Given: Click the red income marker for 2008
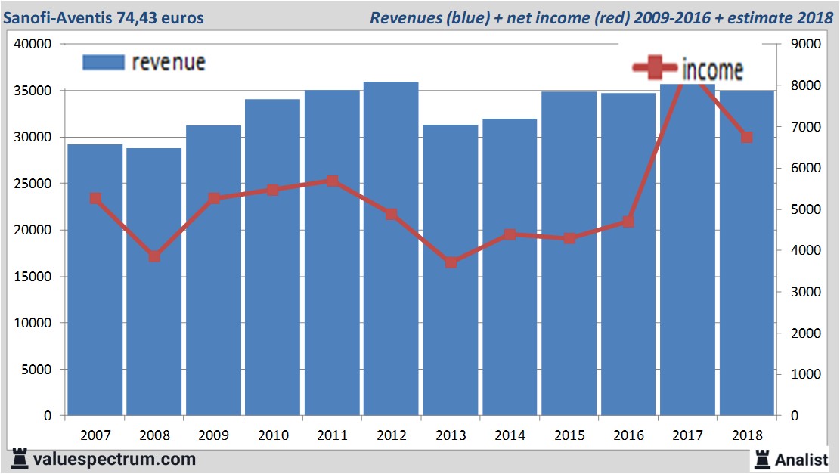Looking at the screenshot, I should click(x=154, y=256).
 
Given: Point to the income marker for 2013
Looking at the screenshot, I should click(x=451, y=262).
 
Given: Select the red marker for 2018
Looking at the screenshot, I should click(x=747, y=138).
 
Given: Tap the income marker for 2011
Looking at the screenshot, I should click(x=332, y=181).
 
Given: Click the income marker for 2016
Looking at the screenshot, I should click(x=628, y=222).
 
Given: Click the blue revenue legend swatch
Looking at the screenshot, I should click(x=103, y=62).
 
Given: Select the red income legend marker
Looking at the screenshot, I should click(x=655, y=68).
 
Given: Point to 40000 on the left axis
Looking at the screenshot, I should click(x=33, y=44).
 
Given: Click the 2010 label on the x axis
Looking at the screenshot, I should click(x=273, y=435).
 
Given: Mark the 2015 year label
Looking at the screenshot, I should click(x=569, y=435).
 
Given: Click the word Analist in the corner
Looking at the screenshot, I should click(x=801, y=459).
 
